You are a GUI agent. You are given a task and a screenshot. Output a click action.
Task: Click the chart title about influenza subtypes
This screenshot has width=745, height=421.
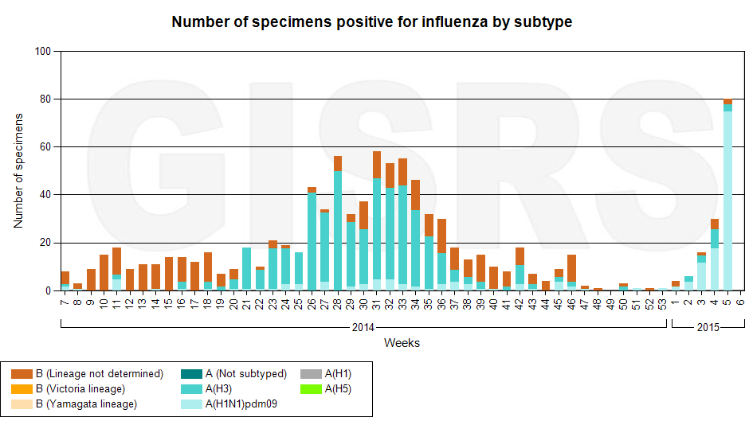tap(372, 22)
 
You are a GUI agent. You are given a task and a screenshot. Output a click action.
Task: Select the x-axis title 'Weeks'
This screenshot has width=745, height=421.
tap(402, 343)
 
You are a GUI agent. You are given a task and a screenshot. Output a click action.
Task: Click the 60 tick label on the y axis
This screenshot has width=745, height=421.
tap(44, 147)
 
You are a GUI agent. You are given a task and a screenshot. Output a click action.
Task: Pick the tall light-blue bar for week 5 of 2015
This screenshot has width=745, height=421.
tap(727, 199)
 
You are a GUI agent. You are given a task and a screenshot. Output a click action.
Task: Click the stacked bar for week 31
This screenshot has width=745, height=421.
tap(376, 223)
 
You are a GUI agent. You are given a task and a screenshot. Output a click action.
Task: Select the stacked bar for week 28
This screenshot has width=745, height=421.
tap(338, 227)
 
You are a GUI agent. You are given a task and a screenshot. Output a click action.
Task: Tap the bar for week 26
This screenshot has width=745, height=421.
tap(312, 239)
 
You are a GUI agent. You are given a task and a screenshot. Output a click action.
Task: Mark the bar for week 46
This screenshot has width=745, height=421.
tap(571, 272)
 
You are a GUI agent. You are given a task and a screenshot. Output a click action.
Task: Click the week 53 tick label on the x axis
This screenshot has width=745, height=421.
tap(663, 303)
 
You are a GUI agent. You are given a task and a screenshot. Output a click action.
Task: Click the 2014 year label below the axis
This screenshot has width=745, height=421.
tap(363, 327)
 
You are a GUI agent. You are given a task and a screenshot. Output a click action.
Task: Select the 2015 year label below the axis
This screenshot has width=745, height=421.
tap(708, 327)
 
